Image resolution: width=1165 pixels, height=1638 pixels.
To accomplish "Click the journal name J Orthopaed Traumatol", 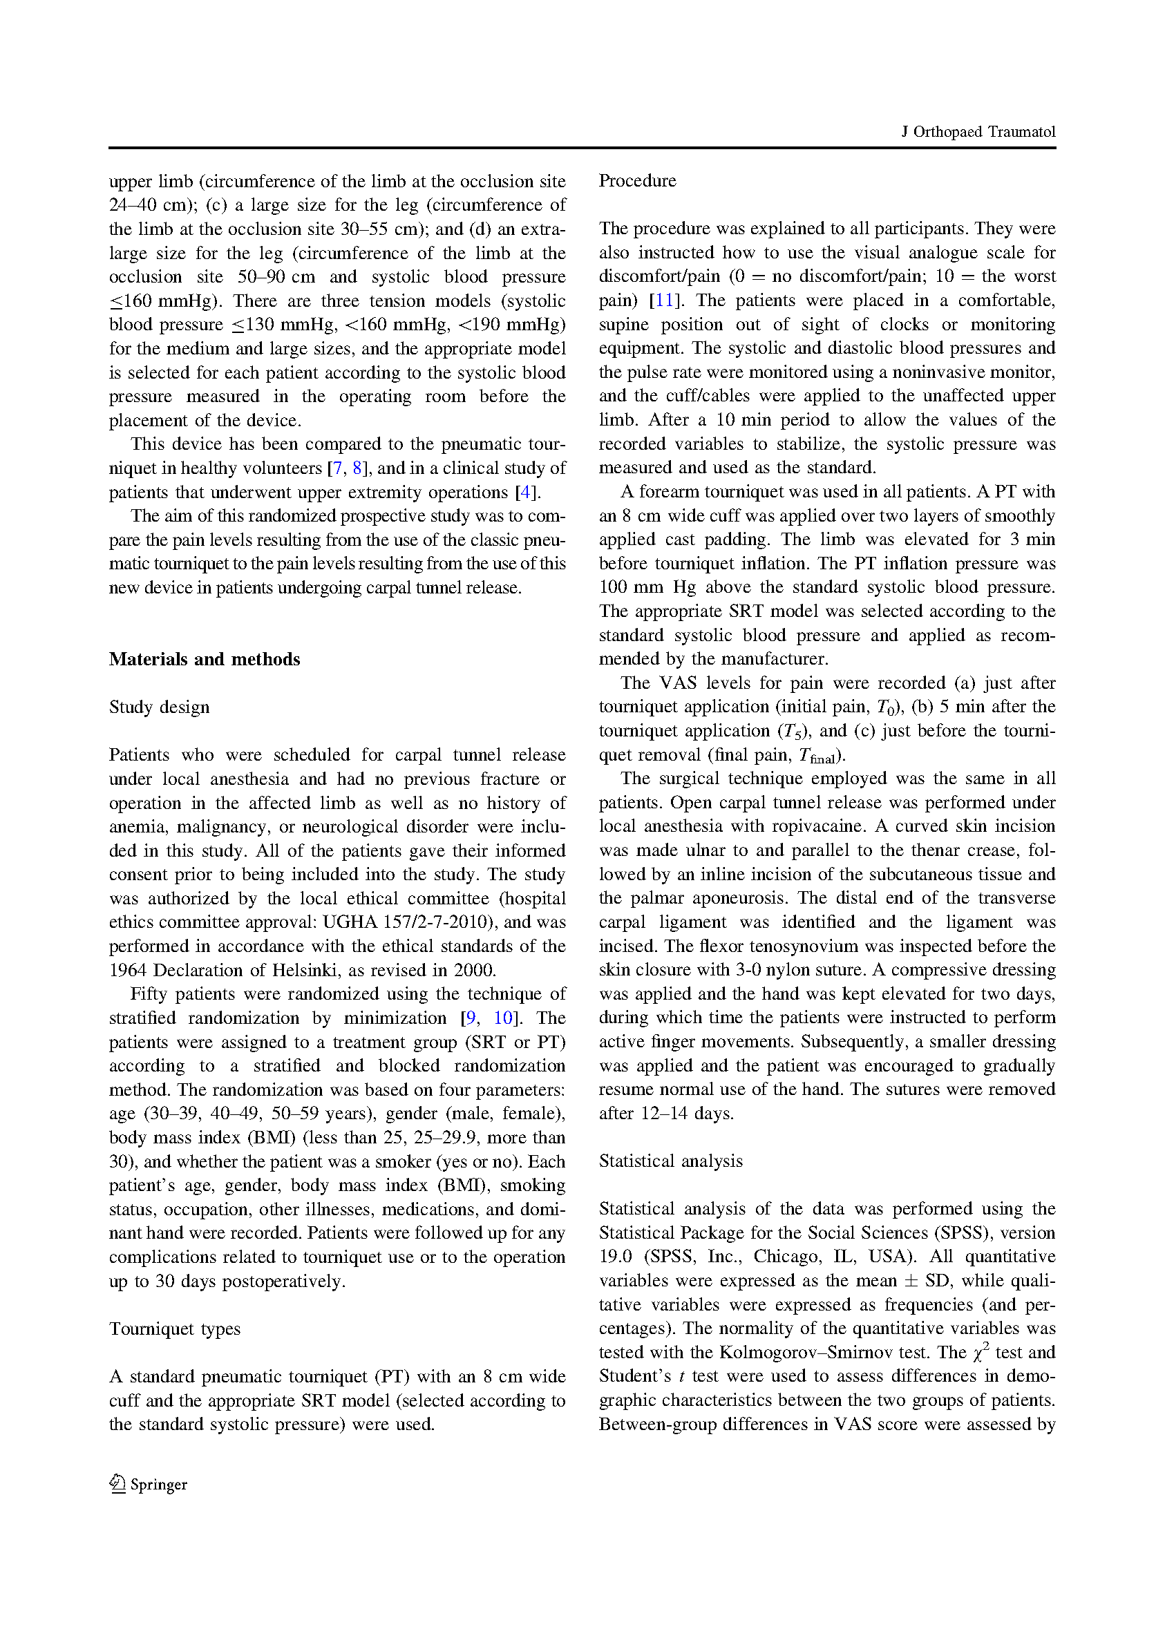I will coord(978,132).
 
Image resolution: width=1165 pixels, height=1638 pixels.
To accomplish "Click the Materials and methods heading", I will coord(205,659).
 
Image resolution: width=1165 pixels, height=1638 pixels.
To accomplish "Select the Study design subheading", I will coord(159,707).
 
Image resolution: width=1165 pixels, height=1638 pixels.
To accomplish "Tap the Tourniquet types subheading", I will coord(174,1329).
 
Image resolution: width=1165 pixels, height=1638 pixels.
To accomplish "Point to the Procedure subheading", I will coord(637,181).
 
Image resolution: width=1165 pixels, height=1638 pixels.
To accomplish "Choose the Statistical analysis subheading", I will coord(671,1161).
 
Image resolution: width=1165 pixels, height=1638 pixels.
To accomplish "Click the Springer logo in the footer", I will coord(148,1485).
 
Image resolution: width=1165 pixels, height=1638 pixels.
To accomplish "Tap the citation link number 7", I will coord(337,468).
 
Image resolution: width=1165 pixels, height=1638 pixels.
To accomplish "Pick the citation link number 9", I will coord(471,1018).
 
